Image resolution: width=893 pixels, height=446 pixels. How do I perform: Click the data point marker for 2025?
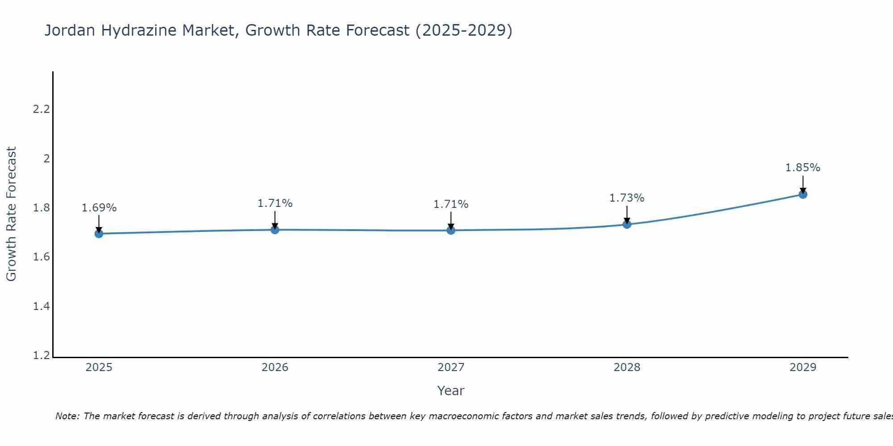click(x=99, y=233)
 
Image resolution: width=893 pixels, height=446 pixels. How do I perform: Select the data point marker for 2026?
click(x=275, y=229)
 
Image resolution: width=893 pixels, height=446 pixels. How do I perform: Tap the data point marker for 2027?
click(x=451, y=230)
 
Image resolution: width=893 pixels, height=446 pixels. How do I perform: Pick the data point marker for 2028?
click(x=627, y=224)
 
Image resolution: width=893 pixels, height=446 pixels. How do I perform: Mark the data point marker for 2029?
click(x=803, y=194)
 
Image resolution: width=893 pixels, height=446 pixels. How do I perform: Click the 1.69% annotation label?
click(x=99, y=208)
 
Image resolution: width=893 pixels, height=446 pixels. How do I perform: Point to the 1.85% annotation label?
click(x=803, y=168)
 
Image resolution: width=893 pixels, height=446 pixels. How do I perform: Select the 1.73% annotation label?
click(x=627, y=198)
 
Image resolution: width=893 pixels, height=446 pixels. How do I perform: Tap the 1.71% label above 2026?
click(x=275, y=203)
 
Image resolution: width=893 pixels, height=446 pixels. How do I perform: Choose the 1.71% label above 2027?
click(x=451, y=204)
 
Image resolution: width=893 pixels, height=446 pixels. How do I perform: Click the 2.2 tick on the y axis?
click(x=41, y=109)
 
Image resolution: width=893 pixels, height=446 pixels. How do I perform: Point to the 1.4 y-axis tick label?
click(x=41, y=306)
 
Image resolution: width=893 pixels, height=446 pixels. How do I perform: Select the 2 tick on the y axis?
click(x=46, y=158)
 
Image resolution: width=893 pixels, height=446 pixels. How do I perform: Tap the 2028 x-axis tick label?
click(x=627, y=368)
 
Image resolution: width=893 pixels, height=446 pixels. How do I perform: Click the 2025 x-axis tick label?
click(x=99, y=368)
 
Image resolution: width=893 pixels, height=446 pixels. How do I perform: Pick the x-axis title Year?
click(x=451, y=391)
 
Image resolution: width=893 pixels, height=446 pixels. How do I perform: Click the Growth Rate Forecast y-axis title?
click(x=12, y=214)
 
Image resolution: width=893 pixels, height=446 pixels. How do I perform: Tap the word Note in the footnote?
click(x=67, y=416)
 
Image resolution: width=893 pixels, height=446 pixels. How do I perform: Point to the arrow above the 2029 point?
click(x=803, y=184)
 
